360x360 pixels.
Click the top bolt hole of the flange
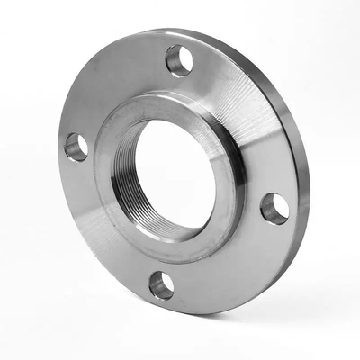coord(179,60)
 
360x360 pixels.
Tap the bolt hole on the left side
coord(76,147)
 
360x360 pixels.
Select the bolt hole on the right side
coord(275,208)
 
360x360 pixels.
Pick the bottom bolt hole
coord(162,285)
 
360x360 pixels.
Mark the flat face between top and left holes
coord(112,90)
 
